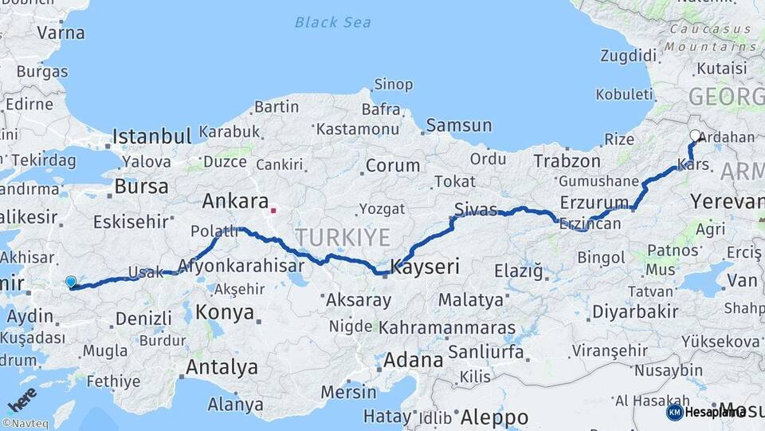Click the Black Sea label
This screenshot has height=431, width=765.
[x=332, y=22]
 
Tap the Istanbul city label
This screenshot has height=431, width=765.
[x=151, y=136]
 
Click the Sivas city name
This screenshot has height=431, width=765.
[x=475, y=210]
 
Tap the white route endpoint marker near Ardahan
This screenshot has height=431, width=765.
[x=695, y=136]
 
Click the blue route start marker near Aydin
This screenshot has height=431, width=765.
[x=71, y=282]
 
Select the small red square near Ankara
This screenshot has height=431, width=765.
[x=273, y=212]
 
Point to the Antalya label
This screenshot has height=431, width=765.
[x=222, y=367]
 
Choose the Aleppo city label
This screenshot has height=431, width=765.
[x=494, y=417]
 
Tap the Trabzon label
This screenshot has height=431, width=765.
[x=567, y=161]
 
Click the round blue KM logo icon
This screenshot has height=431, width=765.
[x=674, y=412]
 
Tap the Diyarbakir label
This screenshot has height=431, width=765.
[x=618, y=311]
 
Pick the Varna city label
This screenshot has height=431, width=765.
[x=61, y=33]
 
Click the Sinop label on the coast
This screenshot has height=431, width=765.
[x=394, y=85]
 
